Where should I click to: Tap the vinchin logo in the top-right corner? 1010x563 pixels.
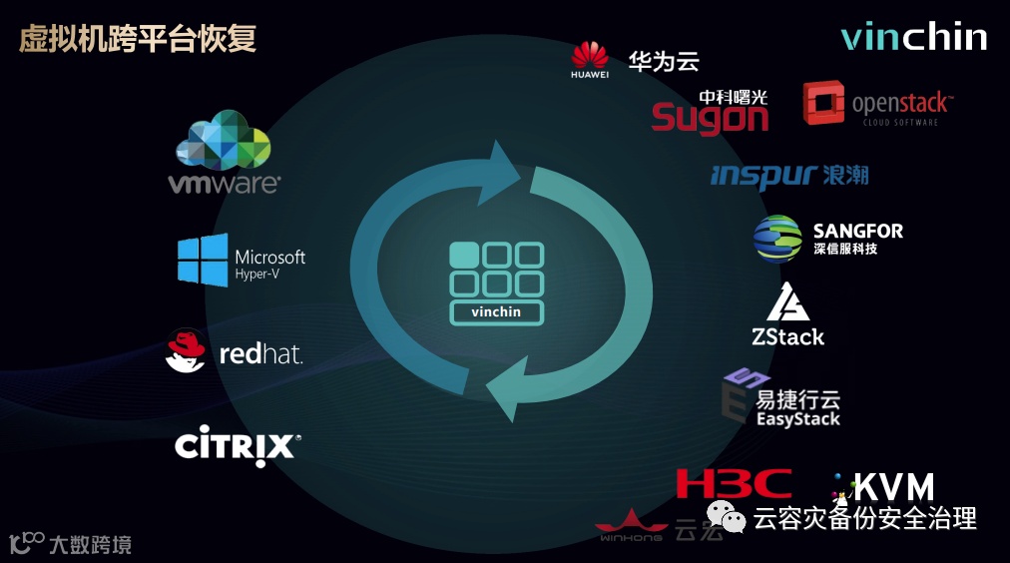point(913,37)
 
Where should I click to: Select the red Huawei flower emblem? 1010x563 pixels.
point(590,56)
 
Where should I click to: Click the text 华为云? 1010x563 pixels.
point(664,61)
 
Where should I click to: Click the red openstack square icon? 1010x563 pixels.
point(823,103)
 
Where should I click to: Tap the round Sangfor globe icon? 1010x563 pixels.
point(777,238)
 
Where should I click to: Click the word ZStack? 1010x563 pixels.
point(788,336)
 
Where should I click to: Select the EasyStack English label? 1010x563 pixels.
point(797,419)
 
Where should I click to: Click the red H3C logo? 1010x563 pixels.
point(734,484)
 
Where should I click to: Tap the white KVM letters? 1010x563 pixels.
point(894,487)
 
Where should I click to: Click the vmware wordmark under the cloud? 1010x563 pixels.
point(224,184)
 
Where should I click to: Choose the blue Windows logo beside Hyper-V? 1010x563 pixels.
point(203,261)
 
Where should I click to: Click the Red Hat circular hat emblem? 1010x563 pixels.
point(187,350)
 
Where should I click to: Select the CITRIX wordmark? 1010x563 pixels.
point(238,445)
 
